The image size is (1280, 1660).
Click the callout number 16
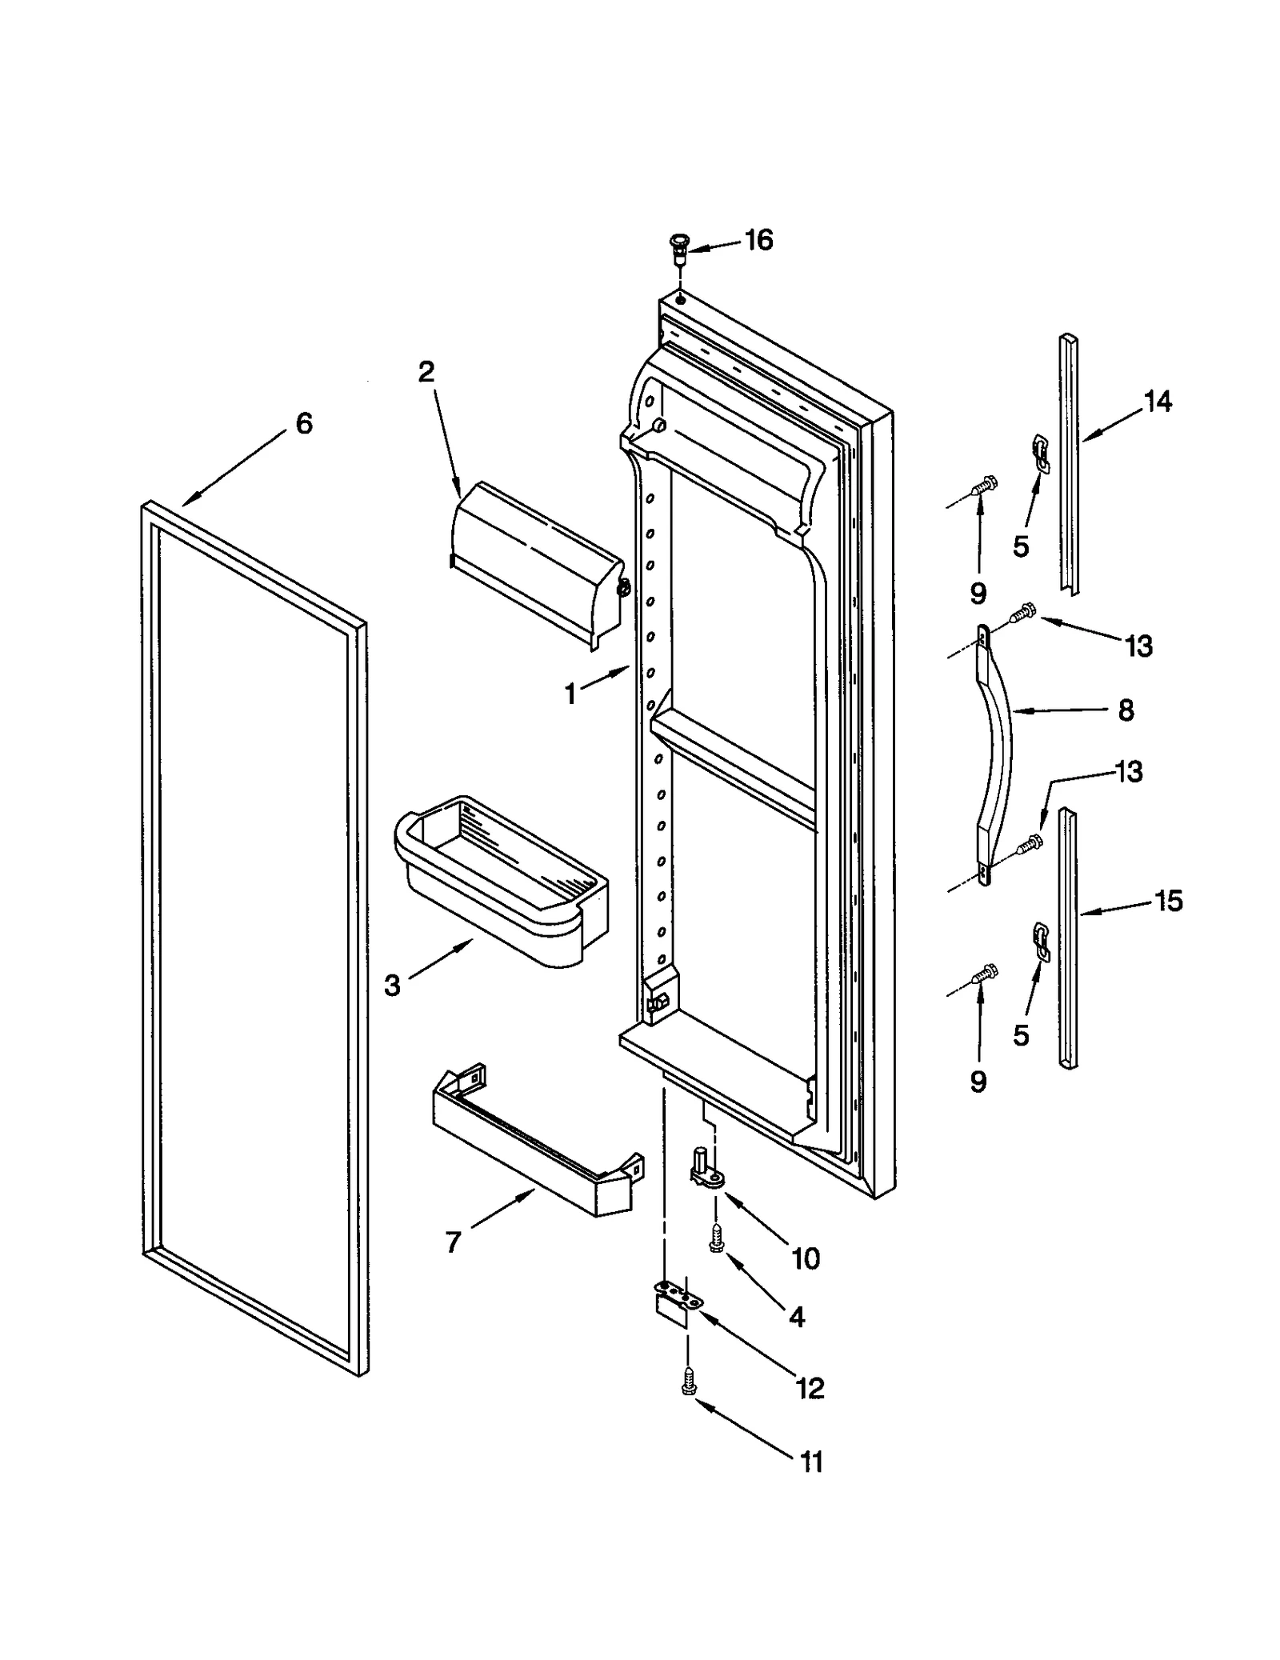pyautogui.click(x=758, y=240)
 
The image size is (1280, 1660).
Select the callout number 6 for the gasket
pyautogui.click(x=304, y=423)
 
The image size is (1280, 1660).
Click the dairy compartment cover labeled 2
pyautogui.click(x=536, y=564)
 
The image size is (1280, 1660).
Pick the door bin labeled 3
pyautogui.click(x=500, y=880)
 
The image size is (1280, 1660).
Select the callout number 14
pyautogui.click(x=1158, y=401)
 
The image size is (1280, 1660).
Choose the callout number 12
pyautogui.click(x=810, y=1388)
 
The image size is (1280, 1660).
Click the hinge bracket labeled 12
pyautogui.click(x=674, y=1306)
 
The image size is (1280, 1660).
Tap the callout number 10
pyautogui.click(x=806, y=1259)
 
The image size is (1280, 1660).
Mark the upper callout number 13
pyautogui.click(x=1138, y=646)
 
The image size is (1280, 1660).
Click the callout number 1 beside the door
pyautogui.click(x=570, y=694)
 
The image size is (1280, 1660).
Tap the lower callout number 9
pyautogui.click(x=978, y=1082)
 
